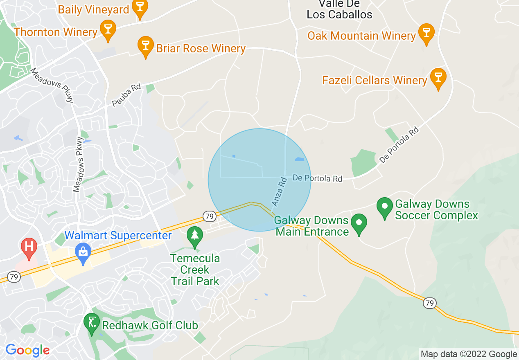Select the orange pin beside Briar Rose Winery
pyautogui.click(x=145, y=47)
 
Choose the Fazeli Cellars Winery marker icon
pyautogui.click(x=438, y=79)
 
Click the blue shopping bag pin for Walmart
pyautogui.click(x=83, y=254)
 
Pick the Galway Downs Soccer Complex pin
pyautogui.click(x=385, y=208)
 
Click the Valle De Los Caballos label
pyautogui.click(x=339, y=9)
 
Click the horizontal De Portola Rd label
pyautogui.click(x=318, y=179)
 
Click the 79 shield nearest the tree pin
pyautogui.click(x=209, y=215)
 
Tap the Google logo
pyautogui.click(x=27, y=350)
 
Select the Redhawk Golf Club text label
pyautogui.click(x=150, y=326)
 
